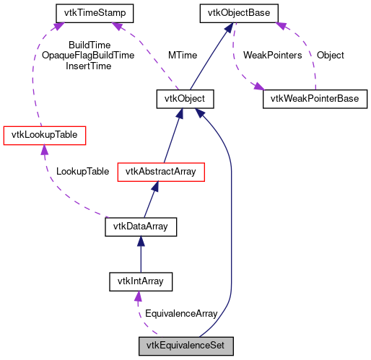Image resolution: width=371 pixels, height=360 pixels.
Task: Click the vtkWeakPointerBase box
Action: (x=314, y=99)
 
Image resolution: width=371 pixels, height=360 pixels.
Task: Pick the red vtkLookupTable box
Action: (x=45, y=135)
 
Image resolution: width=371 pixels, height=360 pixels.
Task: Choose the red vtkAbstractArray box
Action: (x=165, y=171)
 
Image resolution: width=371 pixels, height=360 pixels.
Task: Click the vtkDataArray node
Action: (x=141, y=227)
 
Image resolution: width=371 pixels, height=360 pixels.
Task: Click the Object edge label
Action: (x=331, y=56)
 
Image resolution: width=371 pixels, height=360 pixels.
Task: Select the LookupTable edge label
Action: (x=82, y=171)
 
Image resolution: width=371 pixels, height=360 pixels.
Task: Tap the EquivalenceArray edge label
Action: (x=181, y=314)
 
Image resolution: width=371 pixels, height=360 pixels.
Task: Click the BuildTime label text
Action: (x=88, y=45)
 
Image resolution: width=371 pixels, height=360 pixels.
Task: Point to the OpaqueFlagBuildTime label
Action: (x=88, y=56)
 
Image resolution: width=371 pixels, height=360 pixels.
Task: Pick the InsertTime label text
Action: (x=88, y=66)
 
